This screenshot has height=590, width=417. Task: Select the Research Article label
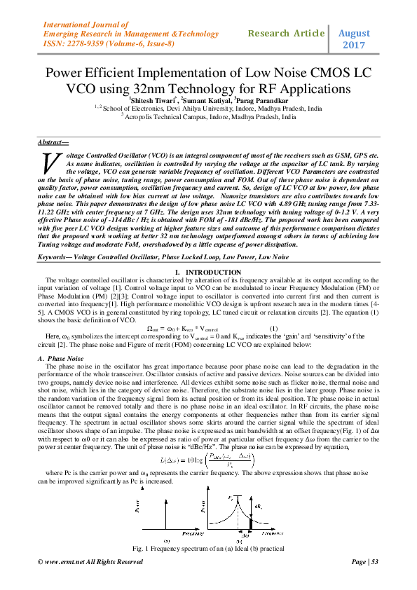(286, 34)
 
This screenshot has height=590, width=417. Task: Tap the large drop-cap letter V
(49, 162)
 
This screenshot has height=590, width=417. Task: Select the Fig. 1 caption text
(208, 547)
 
